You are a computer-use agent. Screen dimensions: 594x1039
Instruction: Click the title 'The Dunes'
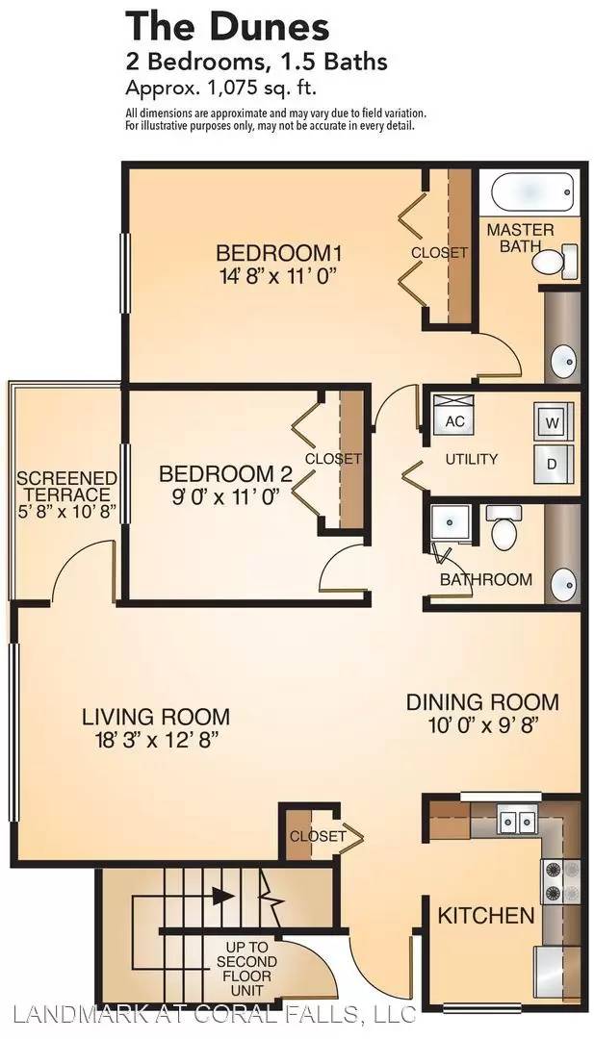pyautogui.click(x=227, y=28)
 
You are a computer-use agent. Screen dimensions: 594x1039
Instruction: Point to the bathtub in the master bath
pyautogui.click(x=531, y=192)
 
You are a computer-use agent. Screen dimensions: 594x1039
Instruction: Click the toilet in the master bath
pyautogui.click(x=553, y=261)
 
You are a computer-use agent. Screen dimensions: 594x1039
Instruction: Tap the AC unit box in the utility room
pyautogui.click(x=453, y=420)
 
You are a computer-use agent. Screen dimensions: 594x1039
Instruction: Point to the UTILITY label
pyautogui.click(x=472, y=459)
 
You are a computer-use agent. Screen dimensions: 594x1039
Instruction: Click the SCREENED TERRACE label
pyautogui.click(x=66, y=486)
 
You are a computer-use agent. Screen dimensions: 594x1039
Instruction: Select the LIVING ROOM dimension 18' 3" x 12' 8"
pyautogui.click(x=156, y=739)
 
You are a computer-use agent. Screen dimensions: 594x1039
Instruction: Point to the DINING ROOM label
pyautogui.click(x=482, y=701)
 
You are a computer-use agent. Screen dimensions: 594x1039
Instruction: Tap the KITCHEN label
pyautogui.click(x=486, y=916)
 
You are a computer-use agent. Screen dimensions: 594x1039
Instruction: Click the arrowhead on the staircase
pyautogui.click(x=224, y=897)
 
